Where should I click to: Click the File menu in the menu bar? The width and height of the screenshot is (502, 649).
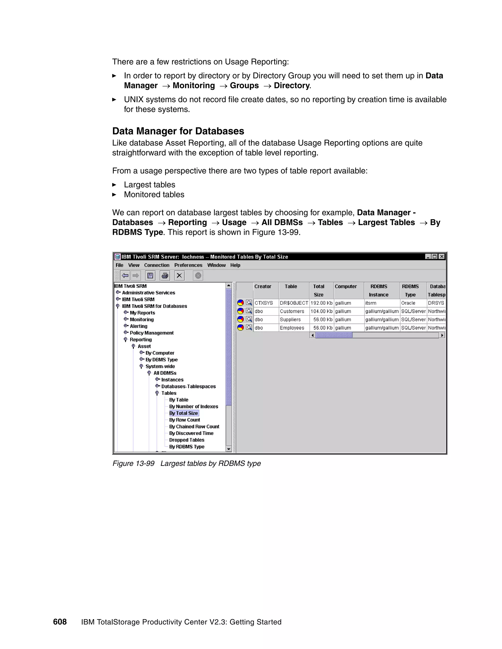pos(119,265)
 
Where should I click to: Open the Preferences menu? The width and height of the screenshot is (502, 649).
pos(188,265)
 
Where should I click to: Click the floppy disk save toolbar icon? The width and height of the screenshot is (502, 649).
pos(150,276)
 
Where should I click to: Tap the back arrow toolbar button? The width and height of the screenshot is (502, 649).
pos(125,276)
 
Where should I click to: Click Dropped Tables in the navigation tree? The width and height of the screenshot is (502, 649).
pos(187,440)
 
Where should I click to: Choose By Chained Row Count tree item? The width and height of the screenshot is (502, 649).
pos(194,426)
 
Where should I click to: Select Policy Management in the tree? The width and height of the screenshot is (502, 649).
pos(151,333)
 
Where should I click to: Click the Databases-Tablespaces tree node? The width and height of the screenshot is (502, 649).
pos(188,386)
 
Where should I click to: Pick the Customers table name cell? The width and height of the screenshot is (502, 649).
pos(292,311)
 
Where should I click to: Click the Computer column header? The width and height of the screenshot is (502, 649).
pos(346,287)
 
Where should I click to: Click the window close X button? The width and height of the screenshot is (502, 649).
pos(442,256)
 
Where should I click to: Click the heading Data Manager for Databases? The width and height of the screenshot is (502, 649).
pos(178,131)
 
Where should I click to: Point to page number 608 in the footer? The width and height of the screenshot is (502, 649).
pos(60,622)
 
